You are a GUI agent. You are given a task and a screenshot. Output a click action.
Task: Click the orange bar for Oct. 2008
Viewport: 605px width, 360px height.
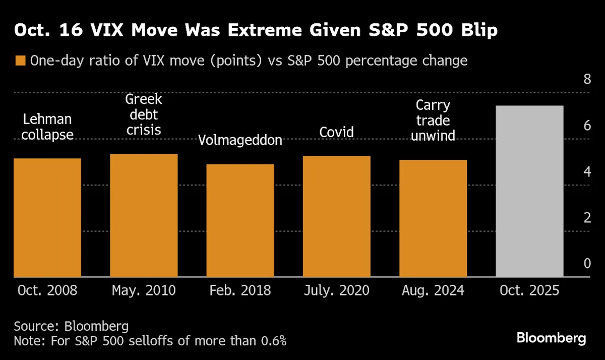[x=47, y=218]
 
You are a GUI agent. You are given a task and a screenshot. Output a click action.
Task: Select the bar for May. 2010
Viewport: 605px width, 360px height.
[x=144, y=216]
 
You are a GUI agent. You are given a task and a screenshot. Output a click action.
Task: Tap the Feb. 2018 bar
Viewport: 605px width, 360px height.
[x=240, y=221]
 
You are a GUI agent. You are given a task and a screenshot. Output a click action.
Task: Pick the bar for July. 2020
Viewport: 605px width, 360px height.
[x=337, y=217]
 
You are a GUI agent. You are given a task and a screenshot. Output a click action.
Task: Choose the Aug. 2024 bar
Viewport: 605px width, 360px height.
[x=433, y=219]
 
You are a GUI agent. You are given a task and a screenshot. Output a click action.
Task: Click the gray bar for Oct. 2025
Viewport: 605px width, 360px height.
[x=529, y=192]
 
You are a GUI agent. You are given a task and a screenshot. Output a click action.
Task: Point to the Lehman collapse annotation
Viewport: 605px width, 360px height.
[x=47, y=127]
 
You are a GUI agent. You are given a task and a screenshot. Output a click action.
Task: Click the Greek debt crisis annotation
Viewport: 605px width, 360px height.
[x=144, y=114]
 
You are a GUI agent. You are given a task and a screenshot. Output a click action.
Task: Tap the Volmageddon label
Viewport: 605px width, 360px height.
[x=240, y=140]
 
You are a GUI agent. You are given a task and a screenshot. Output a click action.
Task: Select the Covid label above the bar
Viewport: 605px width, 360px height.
[x=337, y=132]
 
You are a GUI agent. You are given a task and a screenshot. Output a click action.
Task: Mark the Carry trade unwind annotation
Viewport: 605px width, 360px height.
[x=433, y=121]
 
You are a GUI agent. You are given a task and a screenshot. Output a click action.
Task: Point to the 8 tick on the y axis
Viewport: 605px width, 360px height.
[x=587, y=79]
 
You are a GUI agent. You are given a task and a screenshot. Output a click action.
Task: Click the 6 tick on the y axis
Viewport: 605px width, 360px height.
[x=587, y=126]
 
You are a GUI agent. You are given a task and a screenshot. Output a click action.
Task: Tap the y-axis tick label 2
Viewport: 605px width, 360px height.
[x=587, y=218]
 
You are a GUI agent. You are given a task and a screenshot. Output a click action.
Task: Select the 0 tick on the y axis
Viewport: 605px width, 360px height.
[x=587, y=264]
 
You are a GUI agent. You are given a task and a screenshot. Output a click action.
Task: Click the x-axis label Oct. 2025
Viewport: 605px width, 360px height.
[x=529, y=291]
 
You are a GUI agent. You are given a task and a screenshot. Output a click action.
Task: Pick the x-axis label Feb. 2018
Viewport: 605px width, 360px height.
[x=240, y=291]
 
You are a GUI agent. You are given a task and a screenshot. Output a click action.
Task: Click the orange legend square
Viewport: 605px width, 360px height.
[x=20, y=61]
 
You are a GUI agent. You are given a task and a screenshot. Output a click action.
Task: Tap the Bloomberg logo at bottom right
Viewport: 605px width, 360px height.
[x=552, y=338]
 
